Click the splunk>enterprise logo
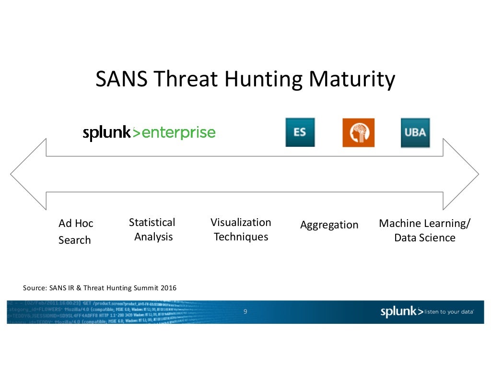coord(149,133)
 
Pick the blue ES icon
coord(300,132)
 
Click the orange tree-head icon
coord(358,132)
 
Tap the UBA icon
coord(415,132)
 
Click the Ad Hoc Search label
coord(76,231)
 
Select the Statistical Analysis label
coord(152,229)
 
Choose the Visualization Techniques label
coord(241,229)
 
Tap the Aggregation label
coord(329,225)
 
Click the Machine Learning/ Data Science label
coord(425,230)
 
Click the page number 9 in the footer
coord(245,312)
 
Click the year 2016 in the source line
coord(168,288)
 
